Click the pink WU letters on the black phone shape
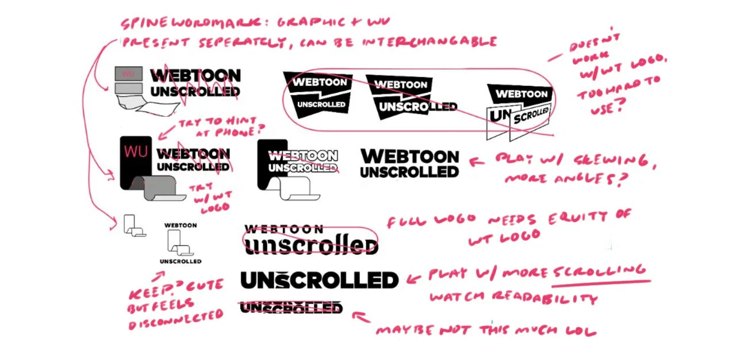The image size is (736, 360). pyautogui.click(x=136, y=152)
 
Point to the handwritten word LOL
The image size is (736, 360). pyautogui.click(x=581, y=331)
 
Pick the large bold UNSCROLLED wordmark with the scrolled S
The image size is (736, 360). pyautogui.click(x=319, y=280)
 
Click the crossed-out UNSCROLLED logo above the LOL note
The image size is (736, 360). pyautogui.click(x=290, y=308)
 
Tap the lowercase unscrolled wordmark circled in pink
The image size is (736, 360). pyautogui.click(x=310, y=245)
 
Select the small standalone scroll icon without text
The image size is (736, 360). pyautogui.click(x=133, y=225)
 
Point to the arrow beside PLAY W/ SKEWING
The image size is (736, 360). pyautogui.click(x=477, y=162)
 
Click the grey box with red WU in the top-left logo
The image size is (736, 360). pyautogui.click(x=129, y=74)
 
